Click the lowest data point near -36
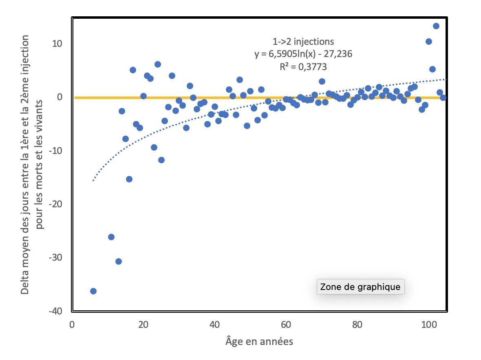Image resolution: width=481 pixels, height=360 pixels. coord(93,291)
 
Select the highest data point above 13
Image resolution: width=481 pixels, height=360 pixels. coord(436,26)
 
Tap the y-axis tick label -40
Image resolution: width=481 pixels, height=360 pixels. coord(55,311)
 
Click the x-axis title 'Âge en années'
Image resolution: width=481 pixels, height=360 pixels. coord(259,341)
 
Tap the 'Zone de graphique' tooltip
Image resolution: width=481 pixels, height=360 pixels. coord(360,287)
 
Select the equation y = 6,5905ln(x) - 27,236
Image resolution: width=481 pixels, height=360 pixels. coord(303,54)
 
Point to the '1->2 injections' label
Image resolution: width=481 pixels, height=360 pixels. coord(303,42)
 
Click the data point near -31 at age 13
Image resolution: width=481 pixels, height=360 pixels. coord(119,261)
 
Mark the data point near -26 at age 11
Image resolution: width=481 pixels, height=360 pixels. coord(111,237)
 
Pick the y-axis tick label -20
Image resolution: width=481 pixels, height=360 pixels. coord(55,204)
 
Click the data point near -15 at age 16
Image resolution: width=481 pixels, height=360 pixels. coord(129,179)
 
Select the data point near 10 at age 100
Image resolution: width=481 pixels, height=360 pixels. coord(429,42)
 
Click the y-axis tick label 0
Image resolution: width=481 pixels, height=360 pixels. coord(59,97)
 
